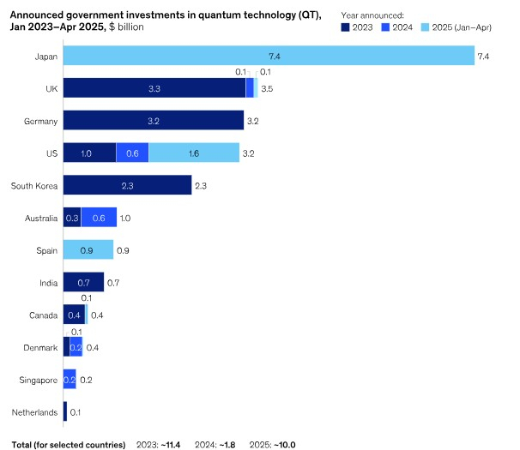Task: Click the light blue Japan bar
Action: coord(268,56)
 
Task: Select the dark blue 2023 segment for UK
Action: coord(154,88)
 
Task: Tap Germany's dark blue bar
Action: coord(154,121)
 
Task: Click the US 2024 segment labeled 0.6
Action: coord(132,153)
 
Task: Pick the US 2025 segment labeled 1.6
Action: coord(194,153)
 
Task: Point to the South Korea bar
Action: coord(127,185)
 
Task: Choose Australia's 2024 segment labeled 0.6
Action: coord(99,218)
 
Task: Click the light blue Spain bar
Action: coord(88,250)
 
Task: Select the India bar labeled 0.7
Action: coord(83,282)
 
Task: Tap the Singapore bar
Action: coord(70,379)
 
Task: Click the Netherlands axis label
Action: coord(34,412)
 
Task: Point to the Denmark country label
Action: coord(40,347)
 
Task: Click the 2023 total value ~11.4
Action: coord(173,444)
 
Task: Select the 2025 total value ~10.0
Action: coord(282,444)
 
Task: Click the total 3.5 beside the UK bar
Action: coord(267,88)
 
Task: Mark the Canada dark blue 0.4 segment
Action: coord(74,315)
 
